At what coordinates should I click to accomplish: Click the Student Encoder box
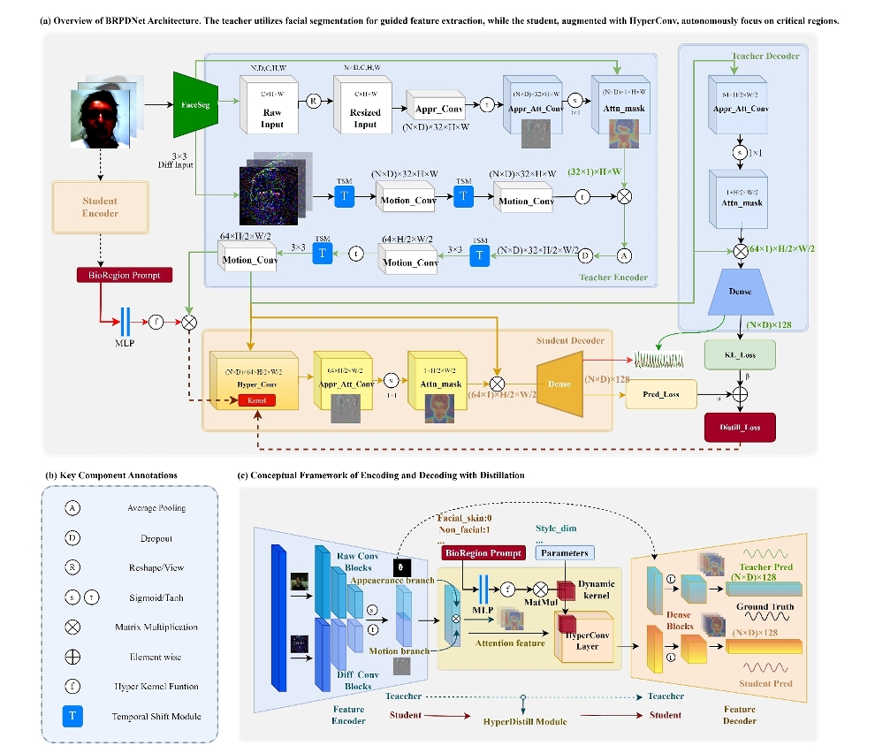[100, 207]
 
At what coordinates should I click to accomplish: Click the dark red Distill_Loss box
[740, 429]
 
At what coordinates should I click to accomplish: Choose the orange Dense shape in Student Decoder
[558, 384]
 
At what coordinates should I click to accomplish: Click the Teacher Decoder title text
[765, 56]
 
